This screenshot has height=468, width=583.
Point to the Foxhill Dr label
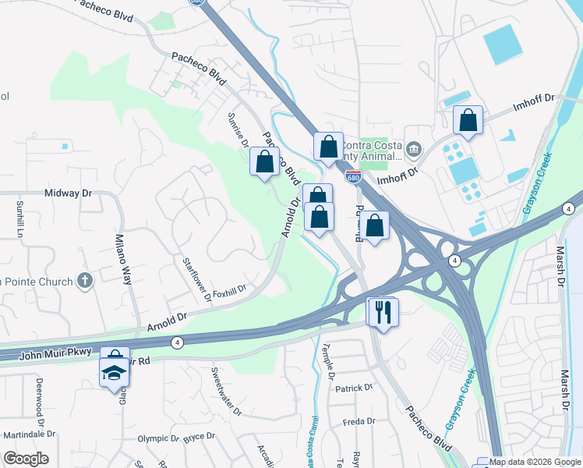coord(229,289)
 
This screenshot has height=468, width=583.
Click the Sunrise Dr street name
coord(237,129)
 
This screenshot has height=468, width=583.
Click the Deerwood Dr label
coord(38,397)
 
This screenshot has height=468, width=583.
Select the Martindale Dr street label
coord(29,434)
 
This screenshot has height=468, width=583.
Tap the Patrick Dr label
coord(355,388)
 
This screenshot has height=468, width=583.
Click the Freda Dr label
coord(359,422)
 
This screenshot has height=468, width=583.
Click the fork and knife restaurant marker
coord(383,312)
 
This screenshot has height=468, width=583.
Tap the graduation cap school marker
coord(115,372)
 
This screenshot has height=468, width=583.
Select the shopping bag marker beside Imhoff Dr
coord(468,121)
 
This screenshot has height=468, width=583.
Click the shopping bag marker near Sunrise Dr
coord(264,161)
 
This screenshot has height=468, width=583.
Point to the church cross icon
coord(86,281)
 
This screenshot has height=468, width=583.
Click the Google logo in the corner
coord(26,459)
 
